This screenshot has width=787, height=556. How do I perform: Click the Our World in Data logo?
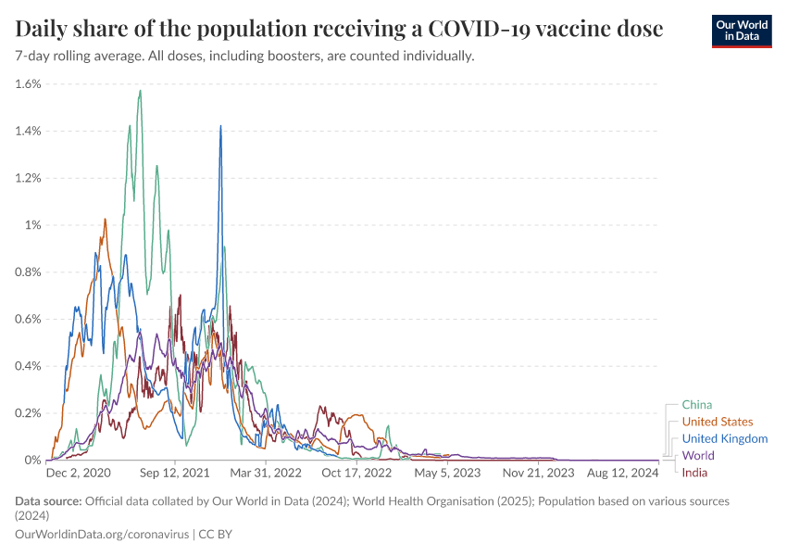[x=741, y=31]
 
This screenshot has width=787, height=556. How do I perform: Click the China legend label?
[x=696, y=404]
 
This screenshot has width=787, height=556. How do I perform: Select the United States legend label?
[x=717, y=422]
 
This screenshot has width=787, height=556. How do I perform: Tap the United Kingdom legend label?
[x=724, y=438]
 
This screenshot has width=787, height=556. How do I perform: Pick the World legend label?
[x=698, y=456]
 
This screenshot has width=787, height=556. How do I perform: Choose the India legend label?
[x=695, y=474]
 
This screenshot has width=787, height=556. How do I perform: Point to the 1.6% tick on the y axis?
[x=29, y=83]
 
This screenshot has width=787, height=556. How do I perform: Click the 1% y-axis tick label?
[x=33, y=225]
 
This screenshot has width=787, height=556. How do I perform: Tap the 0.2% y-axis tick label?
[x=29, y=412]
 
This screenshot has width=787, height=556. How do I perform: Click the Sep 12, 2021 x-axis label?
[x=176, y=473]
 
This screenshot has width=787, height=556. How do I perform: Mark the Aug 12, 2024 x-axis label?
[x=626, y=473]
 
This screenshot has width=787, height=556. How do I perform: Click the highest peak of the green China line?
[x=140, y=91]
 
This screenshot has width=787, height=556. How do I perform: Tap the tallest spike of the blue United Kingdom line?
[x=220, y=126]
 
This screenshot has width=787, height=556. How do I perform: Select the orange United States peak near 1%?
[x=105, y=220]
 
